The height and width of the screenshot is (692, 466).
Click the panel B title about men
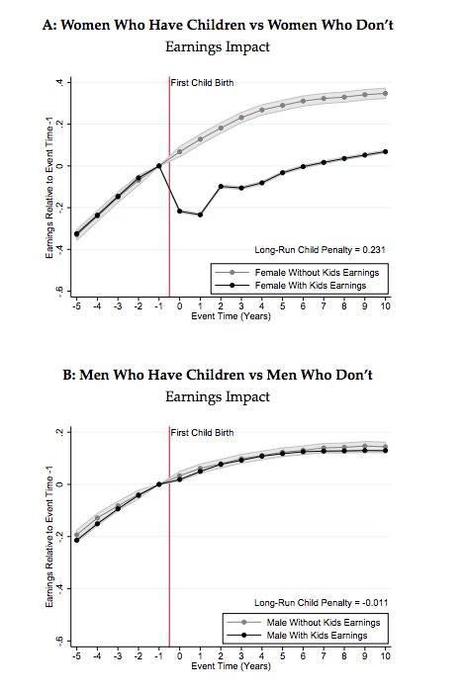(232, 377)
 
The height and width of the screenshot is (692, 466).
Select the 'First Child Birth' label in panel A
(204, 82)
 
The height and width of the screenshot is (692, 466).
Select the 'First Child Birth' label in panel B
(204, 433)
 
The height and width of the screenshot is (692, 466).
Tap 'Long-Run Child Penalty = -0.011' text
(319, 602)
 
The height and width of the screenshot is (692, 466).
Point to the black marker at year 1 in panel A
(200, 215)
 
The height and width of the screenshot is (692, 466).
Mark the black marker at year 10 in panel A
(385, 151)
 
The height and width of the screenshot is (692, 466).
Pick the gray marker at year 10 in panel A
(385, 93)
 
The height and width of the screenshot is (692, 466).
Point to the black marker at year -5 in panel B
(76, 540)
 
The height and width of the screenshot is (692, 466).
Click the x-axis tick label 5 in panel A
(282, 306)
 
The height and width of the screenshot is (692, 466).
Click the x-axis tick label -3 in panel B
(118, 656)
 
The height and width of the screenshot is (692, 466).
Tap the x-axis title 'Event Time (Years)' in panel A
(231, 317)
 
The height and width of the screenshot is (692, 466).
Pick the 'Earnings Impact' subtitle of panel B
(232, 397)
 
